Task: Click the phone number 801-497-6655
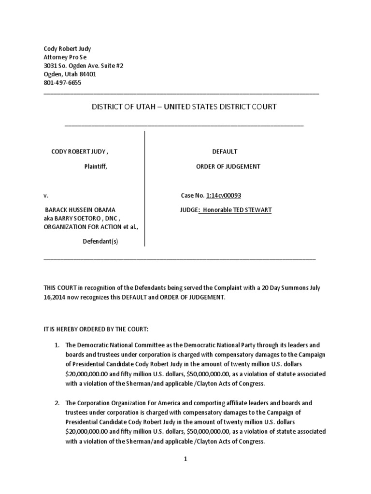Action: tap(62, 82)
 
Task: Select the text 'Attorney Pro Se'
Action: tap(65, 56)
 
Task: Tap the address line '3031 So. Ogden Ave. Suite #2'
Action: tap(84, 65)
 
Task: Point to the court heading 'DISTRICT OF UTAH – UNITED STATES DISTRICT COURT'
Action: tap(184, 107)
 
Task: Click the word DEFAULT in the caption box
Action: tap(221, 151)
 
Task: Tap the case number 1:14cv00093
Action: tap(224, 195)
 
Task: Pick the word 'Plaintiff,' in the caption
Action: tap(94, 166)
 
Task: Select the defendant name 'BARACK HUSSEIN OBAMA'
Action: tap(80, 210)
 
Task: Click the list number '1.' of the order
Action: tap(57, 346)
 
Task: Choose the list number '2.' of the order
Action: tap(57, 403)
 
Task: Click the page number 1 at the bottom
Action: tap(185, 460)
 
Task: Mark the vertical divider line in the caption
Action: tap(145, 188)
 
